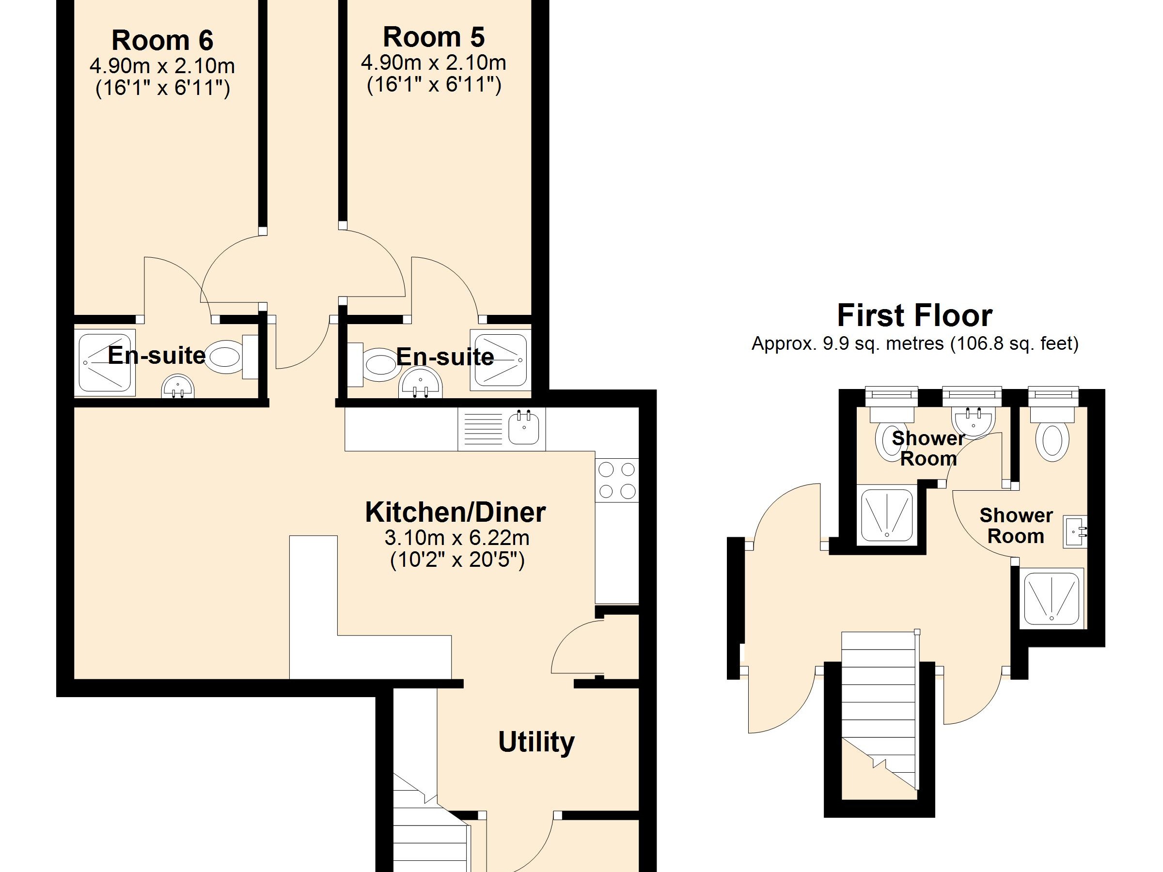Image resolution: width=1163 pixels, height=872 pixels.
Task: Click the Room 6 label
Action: [162, 41]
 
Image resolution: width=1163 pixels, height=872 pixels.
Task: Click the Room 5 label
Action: [434, 37]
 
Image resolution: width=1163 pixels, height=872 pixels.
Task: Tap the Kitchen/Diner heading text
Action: [456, 513]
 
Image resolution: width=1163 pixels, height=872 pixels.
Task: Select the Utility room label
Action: [536, 743]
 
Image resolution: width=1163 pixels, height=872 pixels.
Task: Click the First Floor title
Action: [915, 315]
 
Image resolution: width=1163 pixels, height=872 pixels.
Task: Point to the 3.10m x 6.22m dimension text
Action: [457, 538]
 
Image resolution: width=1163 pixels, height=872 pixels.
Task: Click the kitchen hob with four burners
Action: [617, 481]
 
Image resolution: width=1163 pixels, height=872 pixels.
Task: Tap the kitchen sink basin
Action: [524, 428]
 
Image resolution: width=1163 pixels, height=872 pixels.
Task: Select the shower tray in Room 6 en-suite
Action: [105, 363]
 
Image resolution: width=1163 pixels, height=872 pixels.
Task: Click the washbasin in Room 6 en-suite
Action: [178, 386]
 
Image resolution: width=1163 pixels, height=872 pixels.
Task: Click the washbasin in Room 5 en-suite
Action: [421, 384]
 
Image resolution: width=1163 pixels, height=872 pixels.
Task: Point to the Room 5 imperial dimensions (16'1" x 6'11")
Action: [434, 85]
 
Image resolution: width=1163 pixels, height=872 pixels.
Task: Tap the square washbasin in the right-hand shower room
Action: [1075, 532]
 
